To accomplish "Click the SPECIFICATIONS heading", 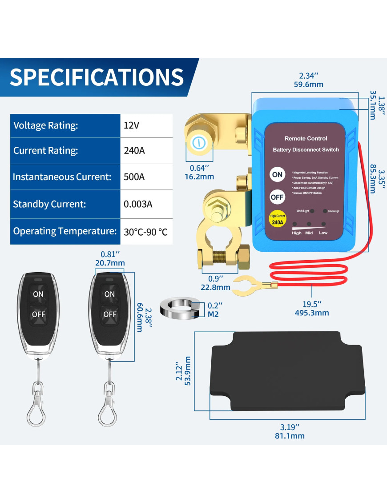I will coord(97,76).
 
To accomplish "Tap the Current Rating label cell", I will coord(65,150).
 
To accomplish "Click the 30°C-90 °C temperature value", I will coord(145,231).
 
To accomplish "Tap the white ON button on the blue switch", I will coord(277,175).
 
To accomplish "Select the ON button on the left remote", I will coord(38,294).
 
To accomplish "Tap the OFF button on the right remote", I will coord(110,314).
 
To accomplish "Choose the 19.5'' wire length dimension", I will coord(311,304).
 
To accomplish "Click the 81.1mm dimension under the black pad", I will coord(290,436).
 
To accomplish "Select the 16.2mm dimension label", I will coord(199,177).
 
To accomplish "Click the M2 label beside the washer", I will coord(214,314).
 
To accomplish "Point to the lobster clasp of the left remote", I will coord(36,407).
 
